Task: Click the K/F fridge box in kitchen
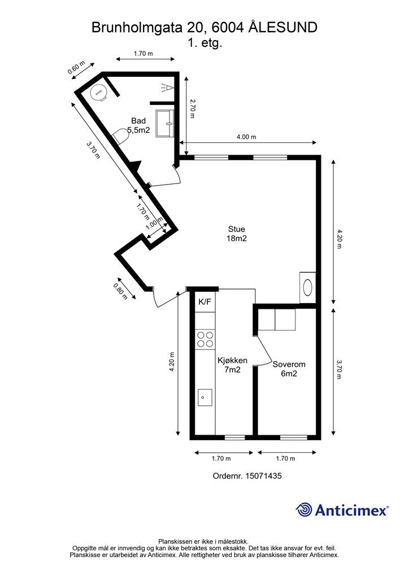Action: (x=205, y=303)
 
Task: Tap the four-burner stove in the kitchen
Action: (x=205, y=339)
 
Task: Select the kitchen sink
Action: (x=205, y=397)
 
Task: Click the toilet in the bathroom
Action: (x=120, y=135)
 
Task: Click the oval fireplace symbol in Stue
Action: (x=307, y=287)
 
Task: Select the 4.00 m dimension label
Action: (x=246, y=137)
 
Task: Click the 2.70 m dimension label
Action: (x=192, y=108)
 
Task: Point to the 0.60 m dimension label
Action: (x=76, y=68)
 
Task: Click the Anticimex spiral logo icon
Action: (x=304, y=510)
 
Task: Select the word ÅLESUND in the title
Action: (x=282, y=28)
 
